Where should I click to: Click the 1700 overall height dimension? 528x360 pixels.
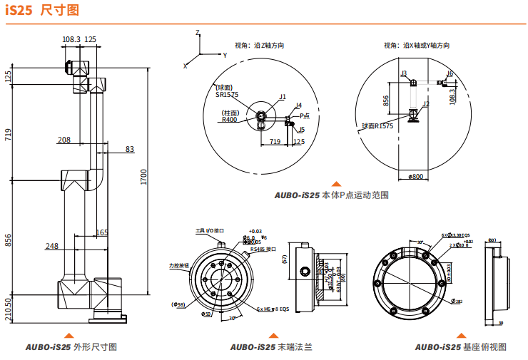pyautogui.click(x=143, y=177)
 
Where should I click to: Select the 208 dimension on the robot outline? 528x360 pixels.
pyautogui.click(x=64, y=140)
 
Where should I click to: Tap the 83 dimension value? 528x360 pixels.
pyautogui.click(x=129, y=149)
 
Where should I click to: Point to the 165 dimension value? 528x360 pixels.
pyautogui.click(x=102, y=232)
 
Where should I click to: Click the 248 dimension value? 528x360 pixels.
pyautogui.click(x=52, y=246)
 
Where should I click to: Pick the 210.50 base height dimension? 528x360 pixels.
pyautogui.click(x=9, y=309)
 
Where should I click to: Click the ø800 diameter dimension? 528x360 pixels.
pyautogui.click(x=415, y=175)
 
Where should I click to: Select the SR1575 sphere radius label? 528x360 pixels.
pyautogui.click(x=227, y=93)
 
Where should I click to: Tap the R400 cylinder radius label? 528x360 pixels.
pyautogui.click(x=229, y=120)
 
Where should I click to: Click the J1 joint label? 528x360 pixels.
pyautogui.click(x=283, y=97)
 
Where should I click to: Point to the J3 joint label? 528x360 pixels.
pyautogui.click(x=404, y=73)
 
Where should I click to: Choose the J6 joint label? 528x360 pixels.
pyautogui.click(x=450, y=73)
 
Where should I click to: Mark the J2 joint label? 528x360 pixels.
pyautogui.click(x=426, y=104)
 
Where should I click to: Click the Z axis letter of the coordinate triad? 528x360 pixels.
pyautogui.click(x=197, y=33)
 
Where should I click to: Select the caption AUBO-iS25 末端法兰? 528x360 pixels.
pyautogui.click(x=271, y=347)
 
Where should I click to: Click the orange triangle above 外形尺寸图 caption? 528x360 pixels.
pyautogui.click(x=69, y=335)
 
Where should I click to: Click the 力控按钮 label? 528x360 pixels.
pyautogui.click(x=181, y=265)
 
